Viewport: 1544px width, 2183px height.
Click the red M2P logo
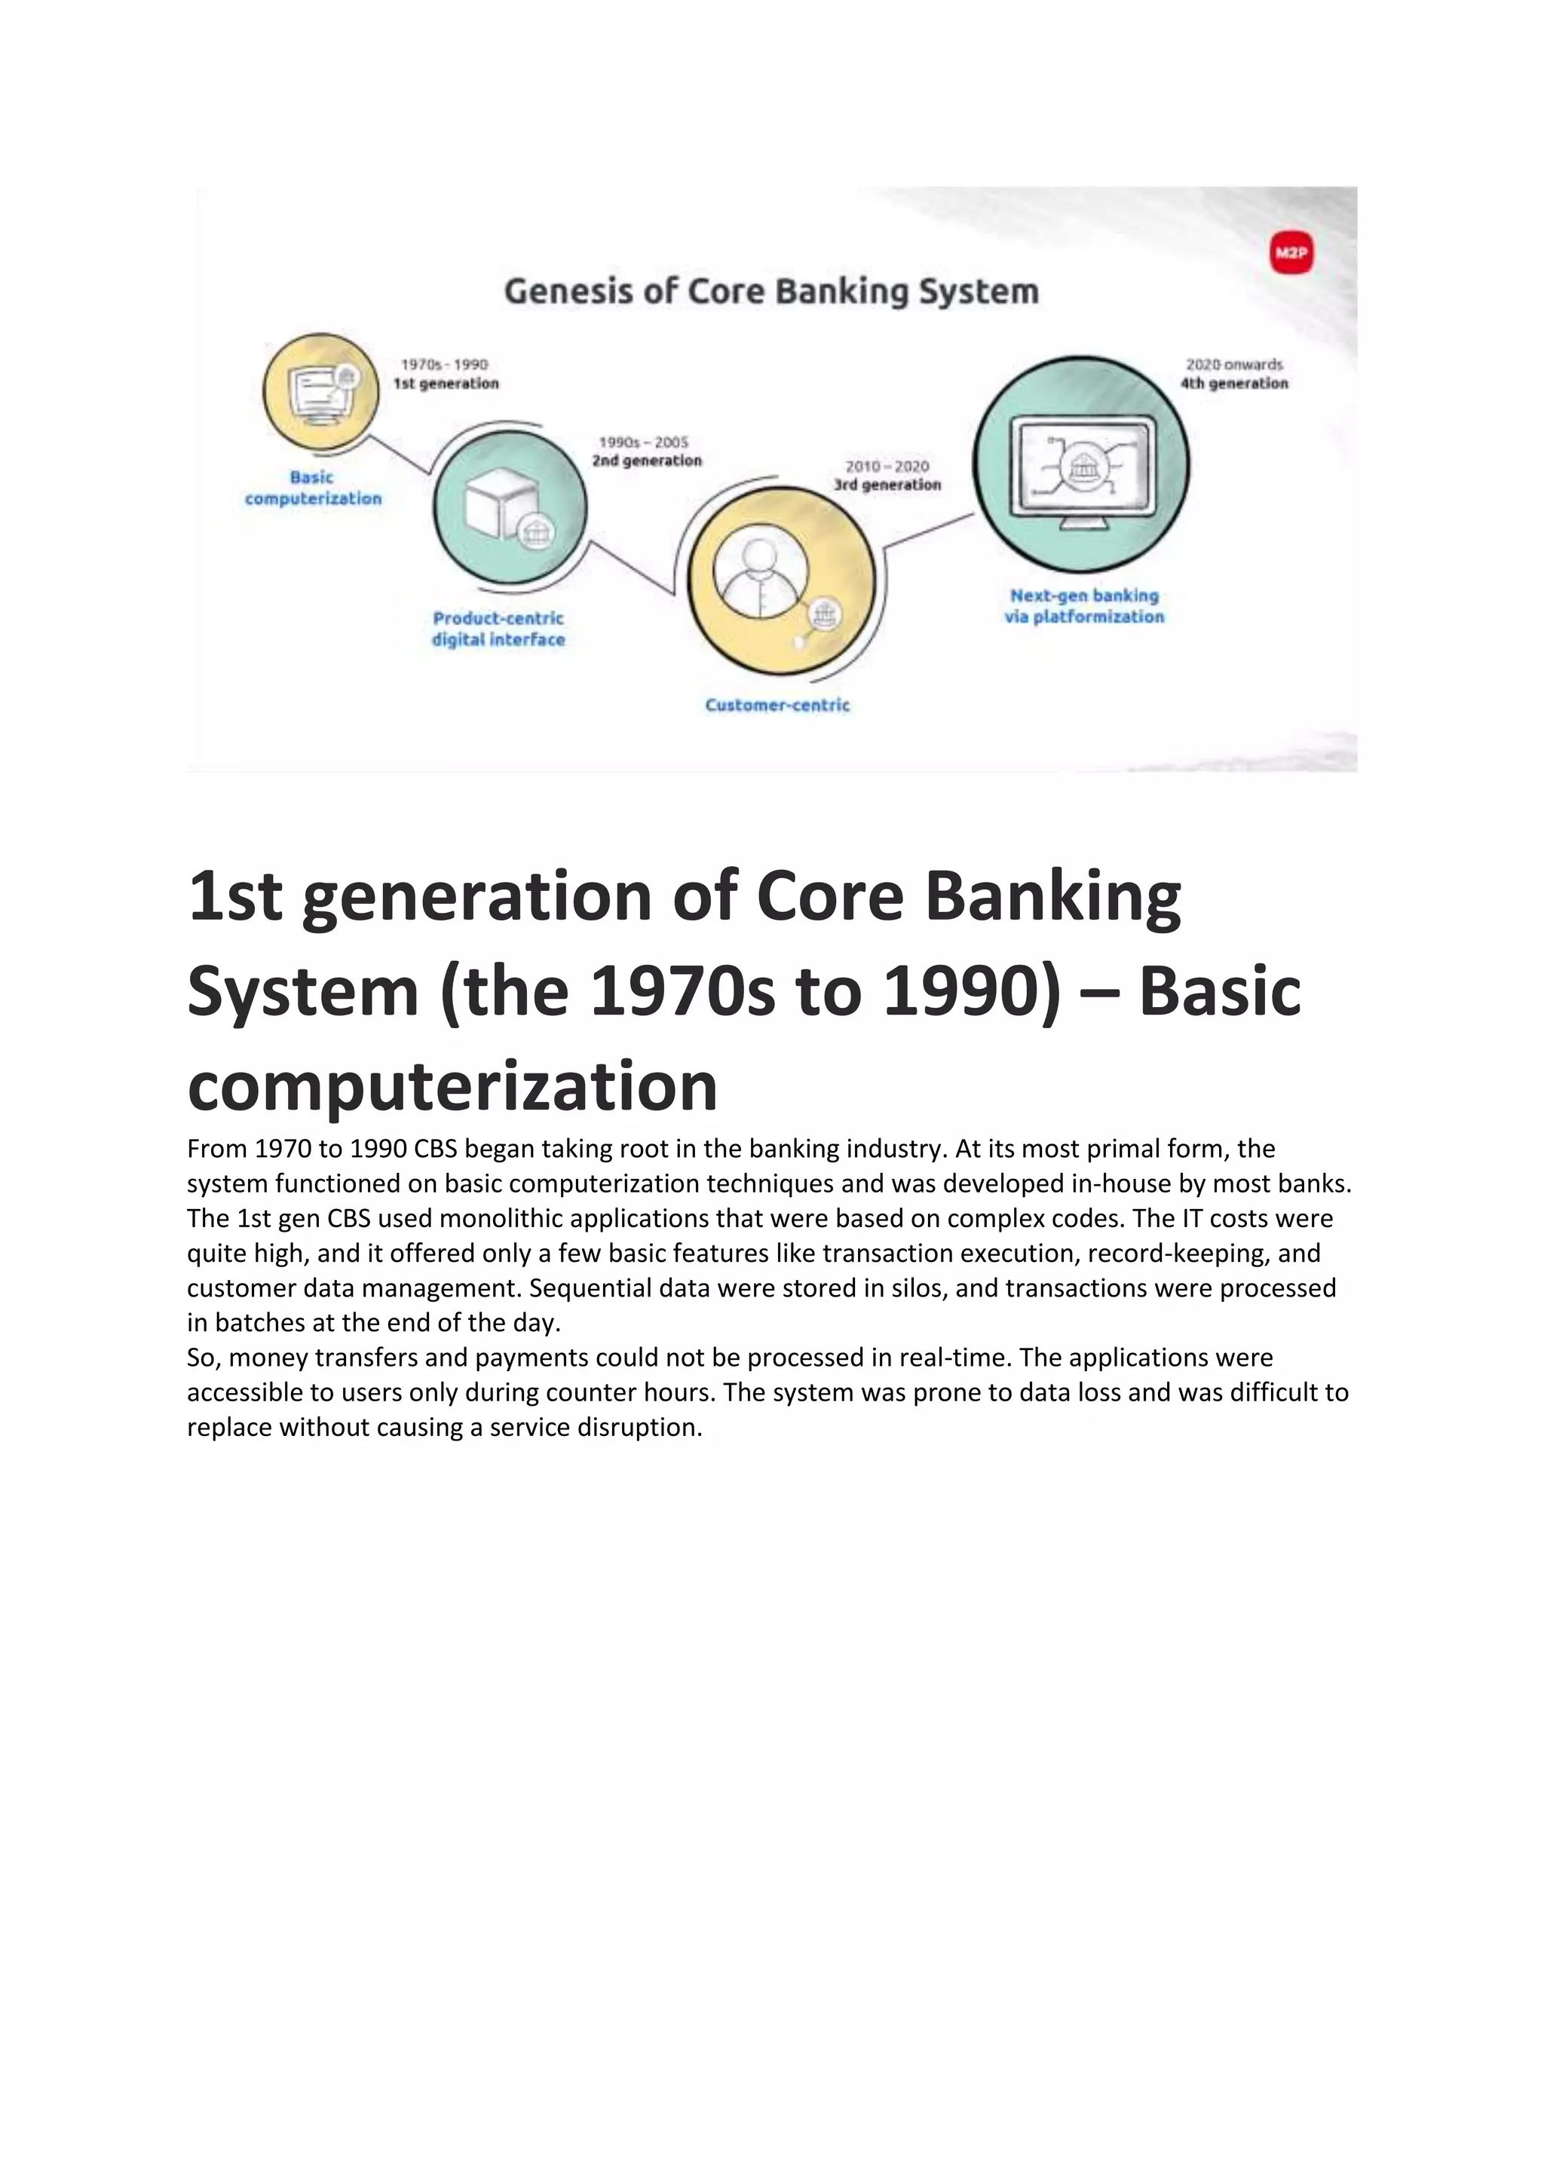point(1291,253)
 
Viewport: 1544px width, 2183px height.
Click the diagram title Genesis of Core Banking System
point(771,291)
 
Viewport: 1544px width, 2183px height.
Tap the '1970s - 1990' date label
point(444,364)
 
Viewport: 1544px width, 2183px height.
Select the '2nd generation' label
point(647,461)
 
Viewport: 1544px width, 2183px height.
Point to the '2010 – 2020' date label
point(887,466)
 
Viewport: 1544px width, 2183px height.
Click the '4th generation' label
point(1234,383)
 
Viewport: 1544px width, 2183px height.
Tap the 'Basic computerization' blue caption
point(313,488)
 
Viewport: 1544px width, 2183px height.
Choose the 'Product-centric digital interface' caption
point(498,629)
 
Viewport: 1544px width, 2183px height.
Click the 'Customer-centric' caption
point(777,705)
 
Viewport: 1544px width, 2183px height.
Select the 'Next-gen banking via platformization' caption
point(1084,605)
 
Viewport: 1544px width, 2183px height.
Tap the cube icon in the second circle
point(501,502)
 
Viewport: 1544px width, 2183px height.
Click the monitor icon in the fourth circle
point(1082,466)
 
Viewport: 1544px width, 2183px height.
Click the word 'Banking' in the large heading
point(1052,896)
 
